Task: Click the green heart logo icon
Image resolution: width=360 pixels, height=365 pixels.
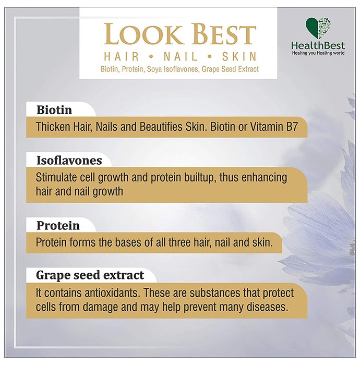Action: (x=318, y=28)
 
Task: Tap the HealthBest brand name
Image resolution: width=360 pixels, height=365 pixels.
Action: (x=318, y=45)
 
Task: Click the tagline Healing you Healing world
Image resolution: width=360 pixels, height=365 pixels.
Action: (x=318, y=53)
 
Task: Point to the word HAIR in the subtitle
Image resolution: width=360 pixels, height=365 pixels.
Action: (x=122, y=56)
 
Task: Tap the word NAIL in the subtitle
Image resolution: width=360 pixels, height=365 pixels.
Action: (x=181, y=56)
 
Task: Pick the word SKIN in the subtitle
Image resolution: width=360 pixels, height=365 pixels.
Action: (x=239, y=56)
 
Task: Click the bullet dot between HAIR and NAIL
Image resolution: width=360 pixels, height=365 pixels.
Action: (x=151, y=56)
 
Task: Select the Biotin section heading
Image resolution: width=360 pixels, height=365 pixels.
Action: (x=54, y=110)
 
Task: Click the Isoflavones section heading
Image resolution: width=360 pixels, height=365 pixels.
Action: (x=69, y=161)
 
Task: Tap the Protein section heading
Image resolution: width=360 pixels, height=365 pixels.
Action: (x=58, y=226)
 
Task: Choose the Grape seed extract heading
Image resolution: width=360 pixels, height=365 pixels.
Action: (x=90, y=275)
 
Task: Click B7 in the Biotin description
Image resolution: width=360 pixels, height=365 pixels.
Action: (x=292, y=127)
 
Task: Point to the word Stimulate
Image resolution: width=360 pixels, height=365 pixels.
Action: (x=56, y=178)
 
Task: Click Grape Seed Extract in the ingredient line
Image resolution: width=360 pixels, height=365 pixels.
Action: (x=230, y=69)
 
